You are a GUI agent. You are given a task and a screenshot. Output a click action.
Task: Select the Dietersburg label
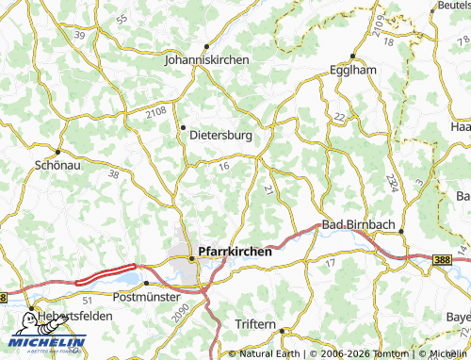(x=221, y=135)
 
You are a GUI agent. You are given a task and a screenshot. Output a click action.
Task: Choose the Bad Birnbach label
(x=359, y=224)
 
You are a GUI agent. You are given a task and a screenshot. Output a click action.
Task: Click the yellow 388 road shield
(x=443, y=259)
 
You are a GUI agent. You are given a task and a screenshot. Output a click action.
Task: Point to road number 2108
(x=156, y=113)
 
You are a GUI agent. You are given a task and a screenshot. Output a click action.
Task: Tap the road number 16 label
(x=223, y=167)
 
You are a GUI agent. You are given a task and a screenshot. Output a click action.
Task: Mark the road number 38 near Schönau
(x=114, y=174)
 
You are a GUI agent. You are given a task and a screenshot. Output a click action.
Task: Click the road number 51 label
(x=87, y=299)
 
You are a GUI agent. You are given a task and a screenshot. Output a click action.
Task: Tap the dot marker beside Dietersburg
(x=183, y=127)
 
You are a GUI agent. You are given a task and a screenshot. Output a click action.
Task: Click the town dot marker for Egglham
(x=351, y=56)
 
